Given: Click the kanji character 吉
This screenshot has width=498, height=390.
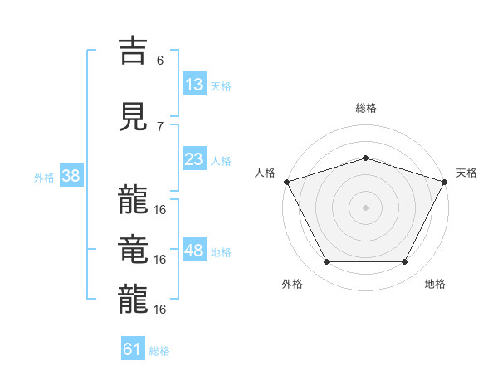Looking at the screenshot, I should coord(134,51).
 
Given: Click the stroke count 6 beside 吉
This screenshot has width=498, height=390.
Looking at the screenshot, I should coord(160,60).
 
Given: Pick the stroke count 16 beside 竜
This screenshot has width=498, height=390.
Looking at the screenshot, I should coord(160,259).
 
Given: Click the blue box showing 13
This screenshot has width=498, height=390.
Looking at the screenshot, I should coord(193,84).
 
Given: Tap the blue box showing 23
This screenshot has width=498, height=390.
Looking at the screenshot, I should coord(193,159).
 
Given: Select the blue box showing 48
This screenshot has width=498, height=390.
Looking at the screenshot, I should coord(193,251).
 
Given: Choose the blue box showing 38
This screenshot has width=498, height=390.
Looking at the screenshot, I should coord(71,176).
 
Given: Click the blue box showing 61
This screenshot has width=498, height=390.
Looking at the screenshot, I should coord(133,349).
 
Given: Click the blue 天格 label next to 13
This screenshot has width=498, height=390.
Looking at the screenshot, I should coord(220,85).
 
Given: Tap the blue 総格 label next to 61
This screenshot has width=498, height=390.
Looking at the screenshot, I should coord(159,351).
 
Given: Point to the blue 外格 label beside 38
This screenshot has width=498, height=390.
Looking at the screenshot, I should coord(44,177).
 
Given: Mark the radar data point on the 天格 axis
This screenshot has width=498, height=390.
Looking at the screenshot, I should coord(446,182).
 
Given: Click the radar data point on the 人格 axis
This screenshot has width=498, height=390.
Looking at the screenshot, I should coord(286,182).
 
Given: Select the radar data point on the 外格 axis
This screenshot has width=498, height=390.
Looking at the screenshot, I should coord(326,262).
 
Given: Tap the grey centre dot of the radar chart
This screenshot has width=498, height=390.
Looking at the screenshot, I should coord(366,207).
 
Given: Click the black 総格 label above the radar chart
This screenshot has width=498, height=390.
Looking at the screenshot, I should coord(366,108).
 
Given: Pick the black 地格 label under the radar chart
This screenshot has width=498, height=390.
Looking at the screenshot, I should coord(435,284).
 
